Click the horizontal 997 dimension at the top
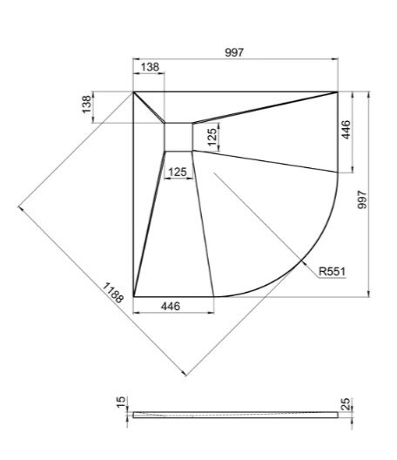234,52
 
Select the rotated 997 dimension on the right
362,200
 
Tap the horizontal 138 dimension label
150,67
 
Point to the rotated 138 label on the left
86,105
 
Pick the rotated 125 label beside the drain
212,137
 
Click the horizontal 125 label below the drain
178,172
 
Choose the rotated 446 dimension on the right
346,130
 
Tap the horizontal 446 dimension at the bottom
171,307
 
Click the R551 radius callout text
333,272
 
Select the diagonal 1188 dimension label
113,293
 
